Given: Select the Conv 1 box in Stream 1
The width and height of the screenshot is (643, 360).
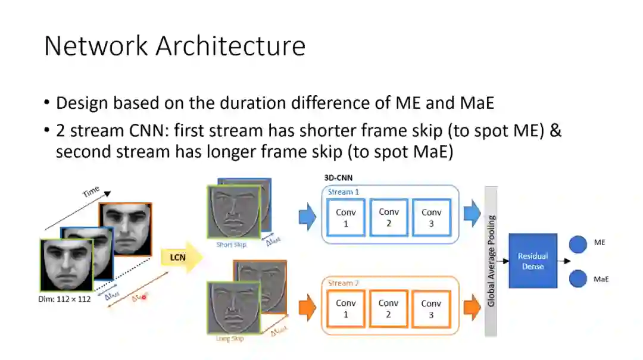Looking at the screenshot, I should click(x=346, y=218).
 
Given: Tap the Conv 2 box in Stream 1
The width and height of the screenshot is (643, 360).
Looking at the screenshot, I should click(x=389, y=217).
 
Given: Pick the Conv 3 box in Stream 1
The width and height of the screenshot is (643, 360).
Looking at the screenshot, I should click(x=432, y=218).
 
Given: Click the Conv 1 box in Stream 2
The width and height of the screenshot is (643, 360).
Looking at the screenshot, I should click(x=346, y=308).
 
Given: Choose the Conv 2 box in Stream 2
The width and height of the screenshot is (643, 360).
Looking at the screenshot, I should click(x=389, y=308).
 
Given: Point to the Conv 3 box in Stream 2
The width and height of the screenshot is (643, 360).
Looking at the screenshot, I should click(x=432, y=309).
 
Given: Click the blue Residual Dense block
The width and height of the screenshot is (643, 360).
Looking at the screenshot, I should click(x=533, y=261).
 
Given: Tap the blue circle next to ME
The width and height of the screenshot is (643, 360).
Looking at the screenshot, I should click(x=578, y=244).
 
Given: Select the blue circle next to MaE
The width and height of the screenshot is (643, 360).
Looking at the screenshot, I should click(x=578, y=278).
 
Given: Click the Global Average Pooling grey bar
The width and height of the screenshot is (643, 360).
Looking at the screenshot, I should click(x=491, y=261).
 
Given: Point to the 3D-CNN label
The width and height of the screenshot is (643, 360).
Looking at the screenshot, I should click(x=338, y=178).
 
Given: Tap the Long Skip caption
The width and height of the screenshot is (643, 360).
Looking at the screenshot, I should click(x=229, y=339).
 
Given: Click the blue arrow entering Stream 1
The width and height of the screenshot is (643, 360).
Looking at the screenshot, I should click(x=307, y=218).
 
